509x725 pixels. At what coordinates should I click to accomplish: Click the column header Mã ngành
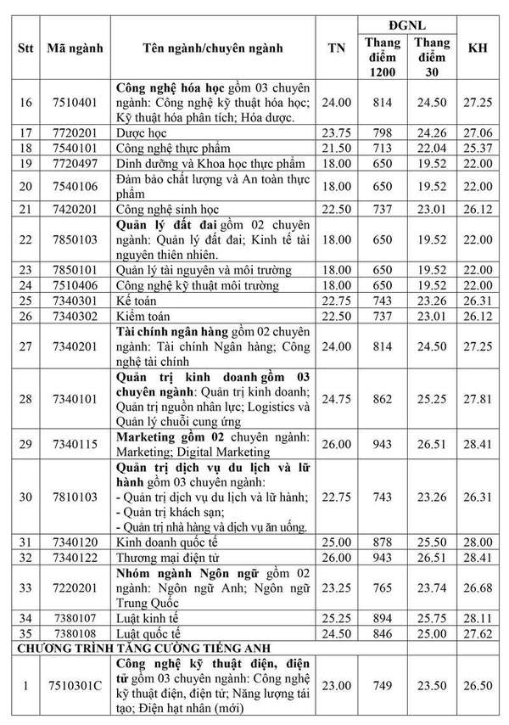[x=75, y=48]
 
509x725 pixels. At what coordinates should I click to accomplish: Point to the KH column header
[x=478, y=48]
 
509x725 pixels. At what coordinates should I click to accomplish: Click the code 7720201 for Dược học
[x=75, y=133]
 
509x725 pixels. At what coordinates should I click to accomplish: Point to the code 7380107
[x=75, y=617]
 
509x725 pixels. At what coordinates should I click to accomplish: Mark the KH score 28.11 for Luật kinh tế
[x=478, y=617]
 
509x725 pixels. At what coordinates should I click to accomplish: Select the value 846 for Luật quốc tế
[x=382, y=632]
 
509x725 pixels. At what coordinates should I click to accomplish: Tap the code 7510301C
[x=75, y=685]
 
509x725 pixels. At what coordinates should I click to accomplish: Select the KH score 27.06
[x=478, y=133]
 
